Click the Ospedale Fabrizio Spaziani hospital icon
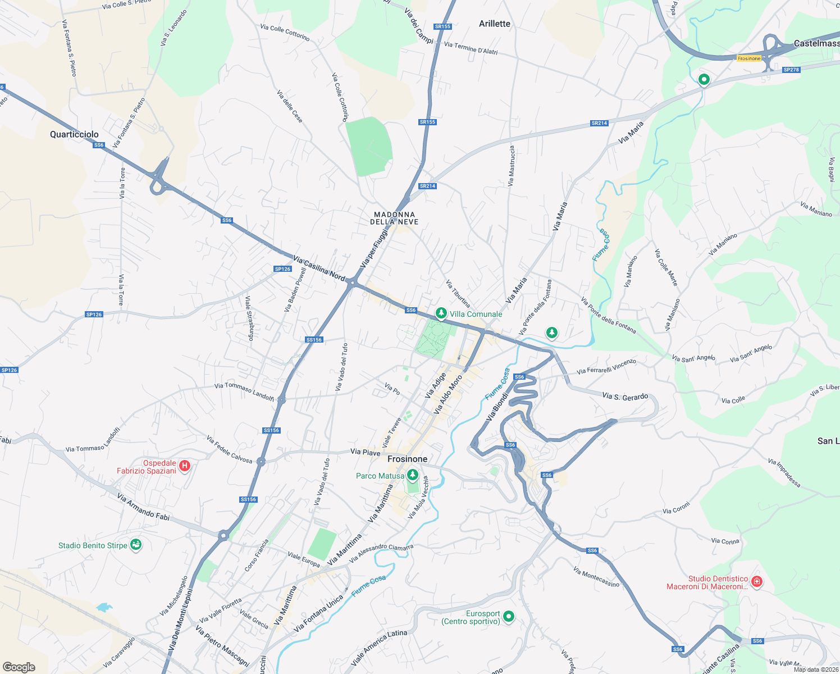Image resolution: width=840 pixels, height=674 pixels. [x=184, y=466]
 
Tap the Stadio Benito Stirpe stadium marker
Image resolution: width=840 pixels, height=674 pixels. [x=135, y=545]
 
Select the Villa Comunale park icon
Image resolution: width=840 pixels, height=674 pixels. [x=441, y=313]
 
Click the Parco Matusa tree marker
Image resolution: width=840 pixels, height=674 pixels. [x=413, y=475]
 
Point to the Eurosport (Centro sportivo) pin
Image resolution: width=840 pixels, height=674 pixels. [x=509, y=616]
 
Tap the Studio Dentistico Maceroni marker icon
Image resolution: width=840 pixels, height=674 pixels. [x=756, y=581]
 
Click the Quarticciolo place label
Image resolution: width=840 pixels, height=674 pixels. [x=74, y=134]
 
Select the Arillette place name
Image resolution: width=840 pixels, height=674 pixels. [x=495, y=24]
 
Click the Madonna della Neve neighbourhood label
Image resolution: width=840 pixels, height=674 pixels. [x=394, y=218]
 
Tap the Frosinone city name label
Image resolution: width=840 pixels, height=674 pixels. [x=407, y=459]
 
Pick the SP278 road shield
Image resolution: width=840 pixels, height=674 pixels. [x=791, y=70]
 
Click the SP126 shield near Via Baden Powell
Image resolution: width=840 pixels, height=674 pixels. [x=282, y=269]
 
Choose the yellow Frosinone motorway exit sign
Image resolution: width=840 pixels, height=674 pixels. [x=749, y=58]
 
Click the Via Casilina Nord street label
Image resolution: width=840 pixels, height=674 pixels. [x=319, y=268]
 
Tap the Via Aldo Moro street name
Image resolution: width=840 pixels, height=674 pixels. [x=448, y=394]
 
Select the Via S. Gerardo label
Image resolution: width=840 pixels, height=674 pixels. [x=625, y=396]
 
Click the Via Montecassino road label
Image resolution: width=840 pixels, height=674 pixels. [x=596, y=577]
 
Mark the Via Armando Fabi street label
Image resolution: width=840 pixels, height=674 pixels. [x=143, y=506]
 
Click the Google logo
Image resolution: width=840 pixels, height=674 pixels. [x=19, y=667]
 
